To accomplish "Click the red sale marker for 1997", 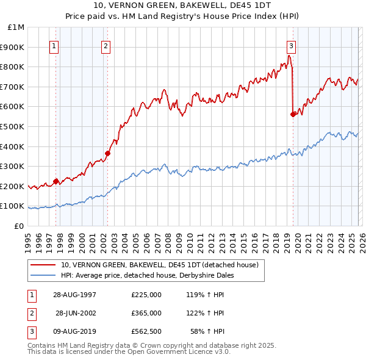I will (x=56, y=181).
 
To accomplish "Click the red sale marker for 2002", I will (x=108, y=153).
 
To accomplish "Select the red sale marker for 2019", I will (x=293, y=113).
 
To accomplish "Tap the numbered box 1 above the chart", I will (x=54, y=45).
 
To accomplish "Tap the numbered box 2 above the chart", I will (x=106, y=45).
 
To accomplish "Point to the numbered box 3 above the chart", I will (x=291, y=45).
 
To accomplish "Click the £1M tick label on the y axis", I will (x=16, y=27).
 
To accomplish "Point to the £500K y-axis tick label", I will (x=13, y=126).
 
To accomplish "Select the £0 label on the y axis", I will (x=18, y=226).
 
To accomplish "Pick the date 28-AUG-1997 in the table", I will (x=74, y=295).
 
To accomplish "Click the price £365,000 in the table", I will (x=146, y=313).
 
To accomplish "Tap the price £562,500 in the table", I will (x=146, y=332).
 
